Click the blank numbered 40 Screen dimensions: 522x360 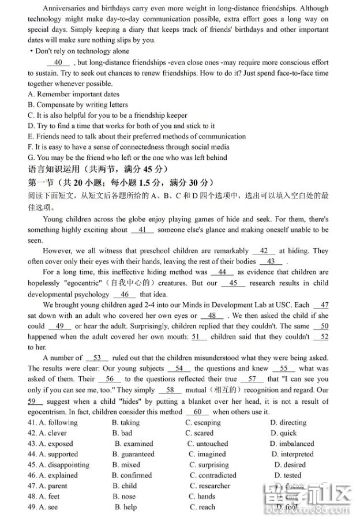pos(57,62)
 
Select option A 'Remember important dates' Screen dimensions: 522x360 pos(73,94)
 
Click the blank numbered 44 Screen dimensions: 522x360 pos(222,272)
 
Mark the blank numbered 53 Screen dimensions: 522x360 pos(96,358)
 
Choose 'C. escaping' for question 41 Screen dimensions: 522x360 pos(203,423)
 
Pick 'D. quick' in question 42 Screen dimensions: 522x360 pos(284,433)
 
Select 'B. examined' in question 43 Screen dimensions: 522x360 pos(133,444)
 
